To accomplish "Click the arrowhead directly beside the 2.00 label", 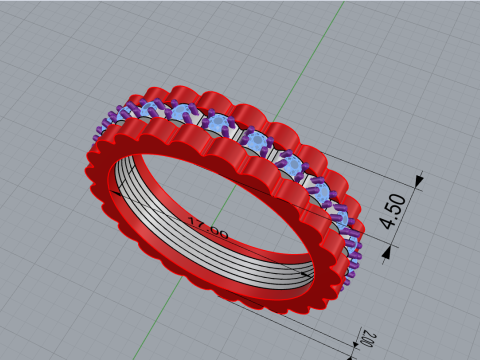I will pyautogui.click(x=352, y=352).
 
